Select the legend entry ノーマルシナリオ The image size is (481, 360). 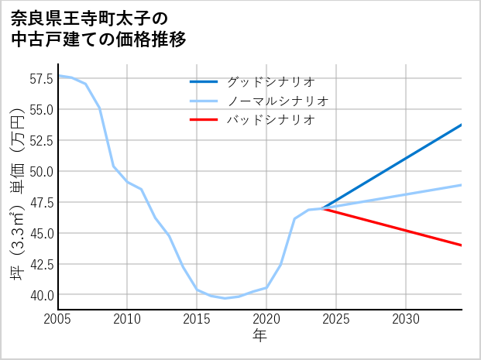pos(277,101)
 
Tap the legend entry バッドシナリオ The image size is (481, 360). pos(270,120)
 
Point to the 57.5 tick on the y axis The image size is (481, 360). pos(40,78)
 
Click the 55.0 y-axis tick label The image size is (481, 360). pos(40,109)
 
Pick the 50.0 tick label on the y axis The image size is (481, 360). pos(40,171)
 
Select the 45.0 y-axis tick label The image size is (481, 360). pos(40,233)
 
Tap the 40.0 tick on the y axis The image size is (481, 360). pos(40,295)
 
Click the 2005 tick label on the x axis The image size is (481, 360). pos(58,319)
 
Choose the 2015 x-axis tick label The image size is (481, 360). pos(197,319)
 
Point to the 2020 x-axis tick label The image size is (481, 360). pos(266,319)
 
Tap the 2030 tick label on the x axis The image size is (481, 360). pos(406,319)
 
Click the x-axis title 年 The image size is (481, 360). pos(259,336)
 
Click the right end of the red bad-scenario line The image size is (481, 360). pos(462,245)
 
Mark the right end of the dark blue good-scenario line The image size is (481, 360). pos(462,125)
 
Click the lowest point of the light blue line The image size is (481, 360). pos(225,298)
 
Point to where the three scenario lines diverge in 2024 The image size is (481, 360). pos(322,208)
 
